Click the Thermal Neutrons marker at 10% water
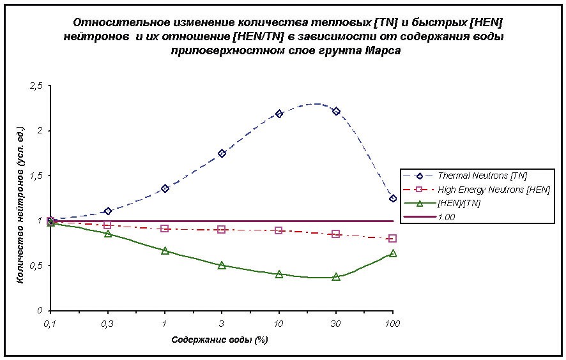tap(279, 114)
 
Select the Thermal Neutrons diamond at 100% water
tap(393, 199)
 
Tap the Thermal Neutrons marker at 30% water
tap(336, 111)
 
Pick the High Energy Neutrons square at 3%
tap(222, 229)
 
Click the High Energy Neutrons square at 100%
tap(393, 238)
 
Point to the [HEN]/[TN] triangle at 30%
tap(336, 277)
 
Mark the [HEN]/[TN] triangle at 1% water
tap(165, 251)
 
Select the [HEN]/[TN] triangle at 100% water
tap(393, 253)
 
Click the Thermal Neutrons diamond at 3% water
tap(222, 153)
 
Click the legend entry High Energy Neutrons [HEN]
tap(493, 190)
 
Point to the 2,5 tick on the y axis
tap(36, 86)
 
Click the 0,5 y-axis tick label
tap(36, 266)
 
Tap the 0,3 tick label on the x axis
tap(107, 324)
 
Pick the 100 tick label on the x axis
tap(392, 324)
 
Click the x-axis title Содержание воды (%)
tap(219, 340)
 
